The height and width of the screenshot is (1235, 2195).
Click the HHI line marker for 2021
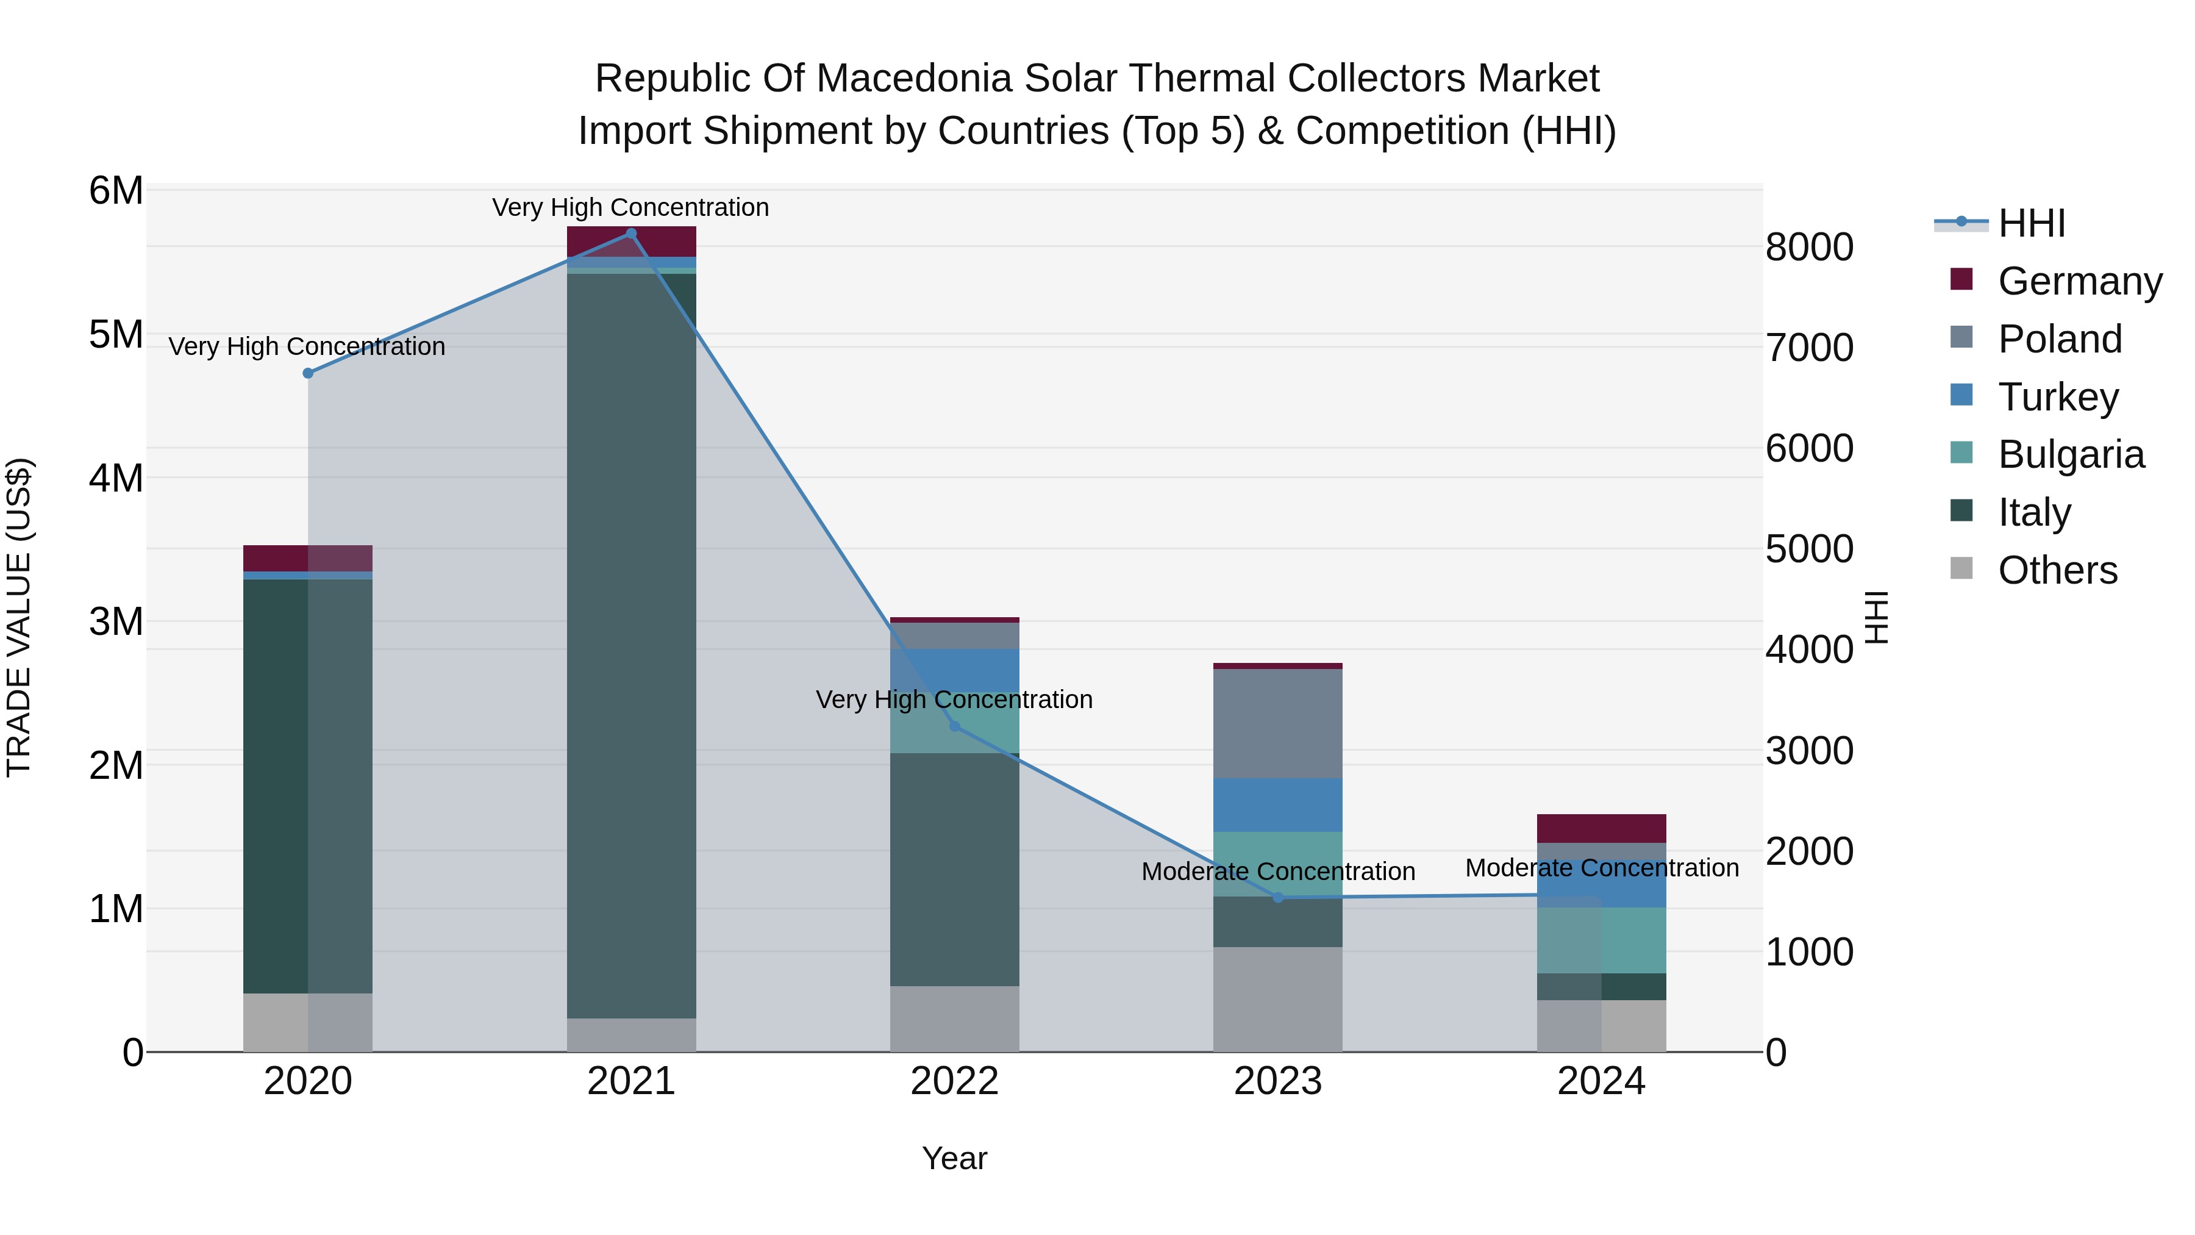pos(630,234)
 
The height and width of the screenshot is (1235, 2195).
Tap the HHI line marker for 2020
pos(309,373)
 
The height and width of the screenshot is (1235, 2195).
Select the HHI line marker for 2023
pos(1277,898)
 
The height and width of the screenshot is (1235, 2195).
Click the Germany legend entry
pos(2079,281)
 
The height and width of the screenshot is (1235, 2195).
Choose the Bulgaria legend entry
pos(2071,454)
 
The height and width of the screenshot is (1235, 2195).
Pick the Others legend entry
pos(2057,570)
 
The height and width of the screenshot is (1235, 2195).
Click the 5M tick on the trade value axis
pos(116,334)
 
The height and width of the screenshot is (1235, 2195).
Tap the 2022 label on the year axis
pos(954,1081)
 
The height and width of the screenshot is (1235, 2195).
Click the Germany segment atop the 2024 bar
pos(1601,828)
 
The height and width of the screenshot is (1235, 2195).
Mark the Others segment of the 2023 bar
pos(1277,999)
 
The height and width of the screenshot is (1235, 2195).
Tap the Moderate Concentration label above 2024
pos(1601,868)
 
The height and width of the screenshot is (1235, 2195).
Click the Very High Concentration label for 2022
pos(954,700)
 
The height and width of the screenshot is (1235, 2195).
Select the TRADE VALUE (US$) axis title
pos(19,617)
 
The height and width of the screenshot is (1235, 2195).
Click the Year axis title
pos(954,1158)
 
